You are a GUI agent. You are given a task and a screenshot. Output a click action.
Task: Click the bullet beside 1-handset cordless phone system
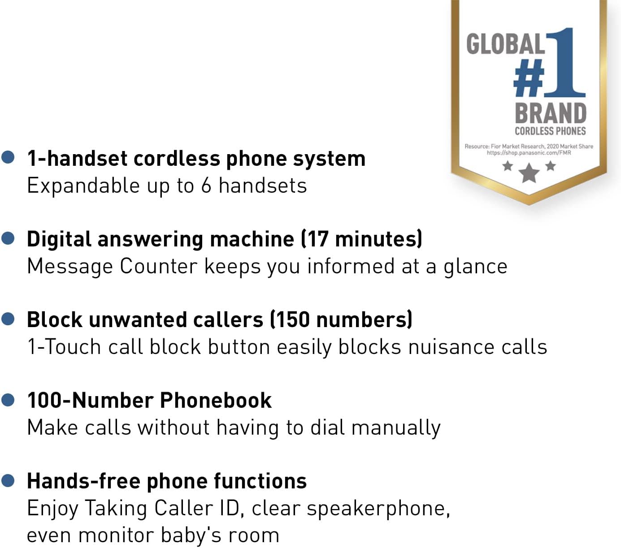click(x=8, y=157)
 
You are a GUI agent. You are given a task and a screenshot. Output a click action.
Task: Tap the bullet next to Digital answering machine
click(x=8, y=238)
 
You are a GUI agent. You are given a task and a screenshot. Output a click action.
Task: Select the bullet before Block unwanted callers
click(x=8, y=319)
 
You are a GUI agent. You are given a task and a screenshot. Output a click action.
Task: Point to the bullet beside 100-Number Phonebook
click(x=8, y=400)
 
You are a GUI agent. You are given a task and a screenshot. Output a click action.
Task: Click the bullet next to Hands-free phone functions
click(x=8, y=480)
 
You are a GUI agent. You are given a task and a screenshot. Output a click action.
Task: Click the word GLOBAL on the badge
click(x=505, y=44)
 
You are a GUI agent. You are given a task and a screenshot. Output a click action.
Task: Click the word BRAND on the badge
click(x=550, y=113)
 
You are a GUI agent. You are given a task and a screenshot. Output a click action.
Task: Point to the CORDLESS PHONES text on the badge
click(x=550, y=131)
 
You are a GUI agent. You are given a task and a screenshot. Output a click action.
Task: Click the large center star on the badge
click(x=529, y=173)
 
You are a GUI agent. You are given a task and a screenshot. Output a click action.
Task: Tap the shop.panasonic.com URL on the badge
click(x=529, y=153)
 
